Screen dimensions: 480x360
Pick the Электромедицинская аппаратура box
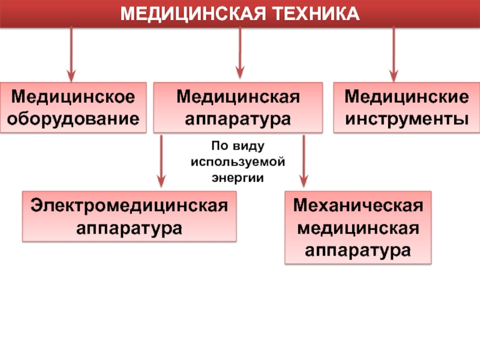pos(129,217)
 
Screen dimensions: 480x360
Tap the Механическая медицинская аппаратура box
pos(358,228)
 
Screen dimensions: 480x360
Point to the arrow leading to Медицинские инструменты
pos(394,54)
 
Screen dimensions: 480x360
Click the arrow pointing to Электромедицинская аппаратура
pos(161,161)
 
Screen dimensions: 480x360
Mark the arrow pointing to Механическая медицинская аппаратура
pos(304,161)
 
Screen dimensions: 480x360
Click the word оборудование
pos(73,118)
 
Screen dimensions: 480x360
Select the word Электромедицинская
pos(129,206)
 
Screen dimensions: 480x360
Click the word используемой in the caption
pos(238,162)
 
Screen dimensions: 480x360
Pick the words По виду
pos(238,146)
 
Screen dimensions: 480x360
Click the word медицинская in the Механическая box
pos(358,228)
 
